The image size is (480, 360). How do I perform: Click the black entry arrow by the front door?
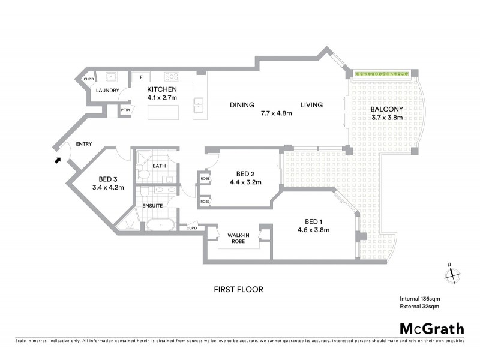click(x=58, y=160)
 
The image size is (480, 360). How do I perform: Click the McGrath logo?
click(x=432, y=328)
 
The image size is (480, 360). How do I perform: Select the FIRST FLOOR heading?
click(x=239, y=289)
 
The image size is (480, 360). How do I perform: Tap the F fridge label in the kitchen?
click(x=140, y=77)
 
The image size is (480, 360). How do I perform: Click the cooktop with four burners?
click(x=172, y=77)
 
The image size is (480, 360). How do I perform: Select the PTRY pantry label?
click(x=125, y=110)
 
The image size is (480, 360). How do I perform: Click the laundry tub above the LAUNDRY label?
click(x=111, y=77)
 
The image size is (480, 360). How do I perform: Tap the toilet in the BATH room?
click(x=143, y=175)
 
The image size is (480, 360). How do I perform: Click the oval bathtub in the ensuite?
click(x=160, y=226)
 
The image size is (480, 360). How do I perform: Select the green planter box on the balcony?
click(x=381, y=73)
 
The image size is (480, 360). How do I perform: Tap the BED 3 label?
click(x=108, y=179)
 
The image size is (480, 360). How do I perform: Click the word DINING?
click(x=242, y=105)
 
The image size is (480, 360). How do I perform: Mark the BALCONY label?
click(x=386, y=109)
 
